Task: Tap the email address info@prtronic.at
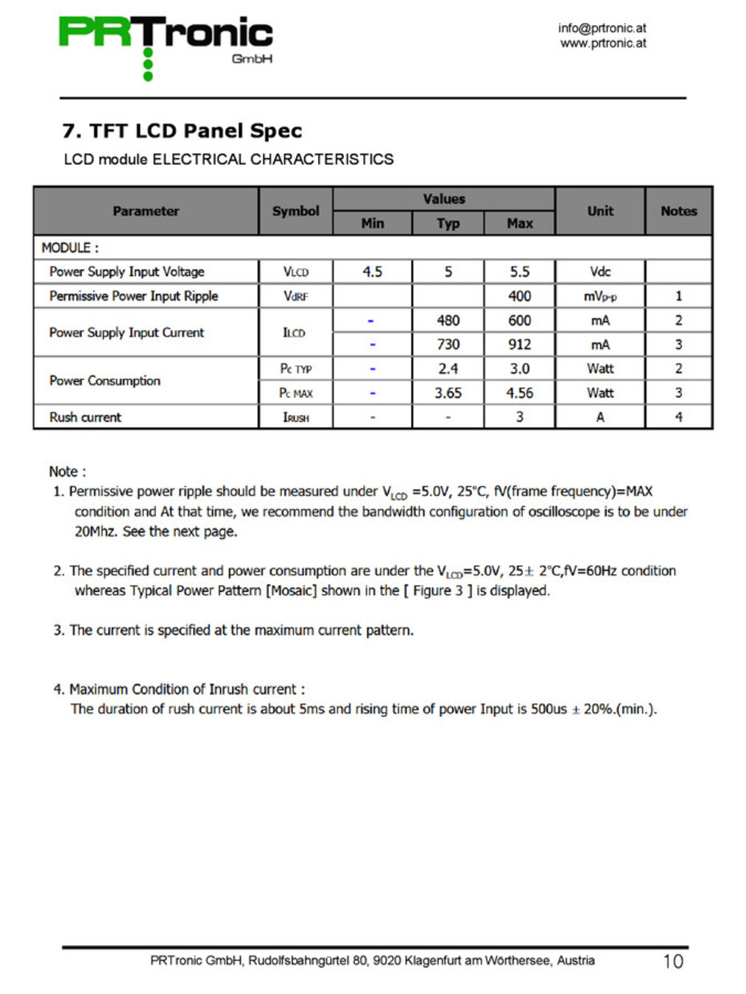point(602,28)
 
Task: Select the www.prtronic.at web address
point(602,43)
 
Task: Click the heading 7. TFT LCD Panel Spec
point(182,131)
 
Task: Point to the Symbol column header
point(295,211)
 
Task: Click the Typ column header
point(448,223)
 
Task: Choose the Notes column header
point(678,211)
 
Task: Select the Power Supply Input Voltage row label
point(127,272)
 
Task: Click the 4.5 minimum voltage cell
point(372,272)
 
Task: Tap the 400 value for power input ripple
point(519,296)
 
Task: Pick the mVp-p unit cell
point(600,296)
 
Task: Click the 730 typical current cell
point(448,345)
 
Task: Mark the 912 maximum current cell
point(519,345)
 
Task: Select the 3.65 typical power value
point(448,393)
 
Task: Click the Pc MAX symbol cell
point(295,393)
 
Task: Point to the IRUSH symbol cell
point(295,417)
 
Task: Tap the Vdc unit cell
point(600,272)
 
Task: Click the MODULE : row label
point(70,247)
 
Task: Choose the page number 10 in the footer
point(672,962)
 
